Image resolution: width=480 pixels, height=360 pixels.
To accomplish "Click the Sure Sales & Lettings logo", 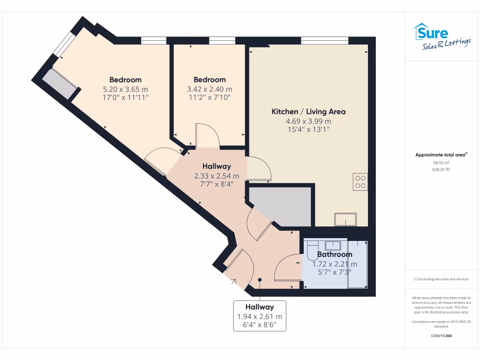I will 442,37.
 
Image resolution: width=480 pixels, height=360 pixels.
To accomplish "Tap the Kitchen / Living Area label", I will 308,112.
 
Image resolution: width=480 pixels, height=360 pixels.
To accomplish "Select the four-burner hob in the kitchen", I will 360,181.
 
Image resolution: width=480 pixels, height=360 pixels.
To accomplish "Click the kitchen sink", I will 345,219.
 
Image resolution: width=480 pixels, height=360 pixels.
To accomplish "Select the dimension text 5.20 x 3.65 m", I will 125,89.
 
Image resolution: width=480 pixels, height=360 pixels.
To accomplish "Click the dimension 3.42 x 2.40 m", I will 210,89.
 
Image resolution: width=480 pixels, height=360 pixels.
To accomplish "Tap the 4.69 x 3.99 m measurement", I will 308,121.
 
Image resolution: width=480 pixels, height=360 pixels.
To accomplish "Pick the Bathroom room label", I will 334,255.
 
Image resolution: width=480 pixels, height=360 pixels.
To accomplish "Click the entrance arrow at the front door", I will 233,281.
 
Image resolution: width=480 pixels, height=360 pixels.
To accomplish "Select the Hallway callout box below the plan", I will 260,316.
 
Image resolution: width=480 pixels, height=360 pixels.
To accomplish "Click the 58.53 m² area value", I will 441,163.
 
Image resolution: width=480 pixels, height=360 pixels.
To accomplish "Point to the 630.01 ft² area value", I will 441,170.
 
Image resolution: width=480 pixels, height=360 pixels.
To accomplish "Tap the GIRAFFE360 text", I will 441,336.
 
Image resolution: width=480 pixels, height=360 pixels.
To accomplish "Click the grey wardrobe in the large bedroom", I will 60,84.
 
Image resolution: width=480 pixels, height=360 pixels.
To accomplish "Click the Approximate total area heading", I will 441,155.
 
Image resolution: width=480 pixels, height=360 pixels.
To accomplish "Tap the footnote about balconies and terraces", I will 441,279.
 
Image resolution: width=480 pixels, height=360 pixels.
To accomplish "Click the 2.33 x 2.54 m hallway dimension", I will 217,176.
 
